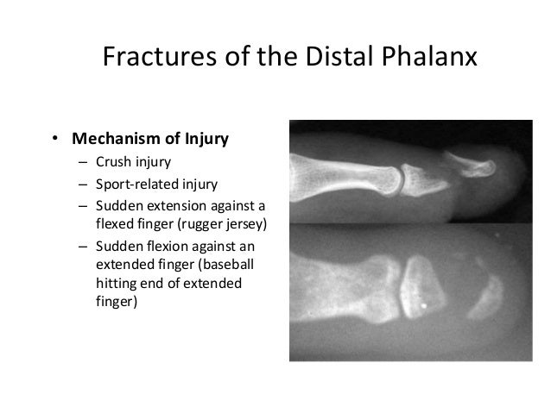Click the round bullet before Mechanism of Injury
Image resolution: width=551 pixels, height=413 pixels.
53,139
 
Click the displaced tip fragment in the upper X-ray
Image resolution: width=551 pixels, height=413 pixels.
475,164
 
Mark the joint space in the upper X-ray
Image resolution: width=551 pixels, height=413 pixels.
402,178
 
